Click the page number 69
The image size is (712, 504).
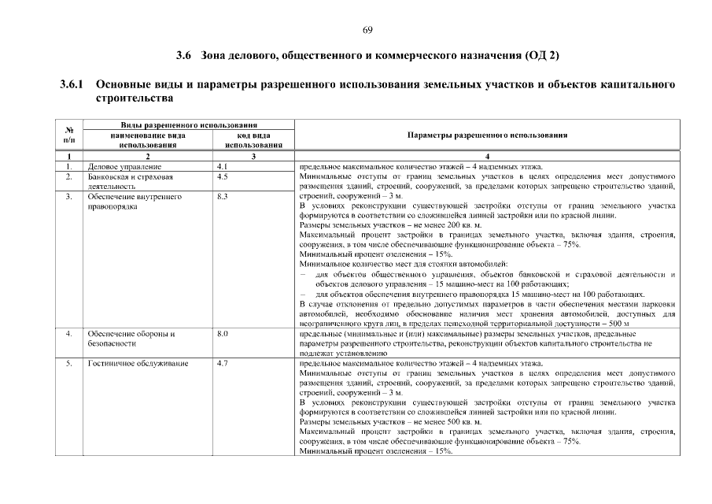point(367,30)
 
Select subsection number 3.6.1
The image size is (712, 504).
point(72,84)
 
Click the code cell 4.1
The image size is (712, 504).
point(221,167)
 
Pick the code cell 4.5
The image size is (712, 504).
point(222,177)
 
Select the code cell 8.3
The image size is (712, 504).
point(222,197)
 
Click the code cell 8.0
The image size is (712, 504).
point(222,334)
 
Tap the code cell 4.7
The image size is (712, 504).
point(222,364)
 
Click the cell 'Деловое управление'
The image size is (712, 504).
point(124,167)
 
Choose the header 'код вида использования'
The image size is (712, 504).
point(253,140)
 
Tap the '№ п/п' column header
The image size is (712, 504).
point(69,135)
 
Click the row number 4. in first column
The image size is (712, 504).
point(69,334)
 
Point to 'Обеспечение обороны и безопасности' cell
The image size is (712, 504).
point(131,339)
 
